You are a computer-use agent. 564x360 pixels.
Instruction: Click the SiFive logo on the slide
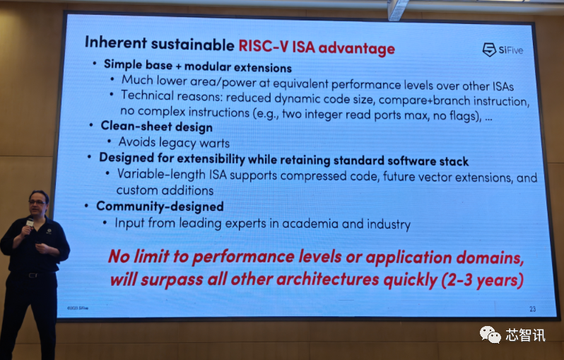pos(503,50)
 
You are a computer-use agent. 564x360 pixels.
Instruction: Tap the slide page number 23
pos(532,309)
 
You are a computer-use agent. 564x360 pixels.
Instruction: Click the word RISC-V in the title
pos(264,46)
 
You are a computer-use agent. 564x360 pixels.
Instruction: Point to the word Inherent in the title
pos(116,42)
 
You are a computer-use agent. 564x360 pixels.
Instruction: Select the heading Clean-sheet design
pos(156,127)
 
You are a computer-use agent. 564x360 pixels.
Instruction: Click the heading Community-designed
pos(160,207)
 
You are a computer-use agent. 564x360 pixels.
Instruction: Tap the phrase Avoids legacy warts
pos(174,143)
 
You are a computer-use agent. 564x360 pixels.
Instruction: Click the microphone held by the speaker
pos(29,223)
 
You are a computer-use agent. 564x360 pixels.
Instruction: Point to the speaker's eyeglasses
pos(37,202)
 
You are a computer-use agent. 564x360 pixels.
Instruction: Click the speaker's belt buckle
pos(33,275)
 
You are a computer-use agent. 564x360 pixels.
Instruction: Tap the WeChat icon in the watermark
pos(490,335)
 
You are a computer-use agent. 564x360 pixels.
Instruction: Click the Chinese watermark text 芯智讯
pos(526,335)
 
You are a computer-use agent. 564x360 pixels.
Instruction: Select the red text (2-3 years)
pos(483,280)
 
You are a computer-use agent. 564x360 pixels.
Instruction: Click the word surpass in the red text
pos(172,279)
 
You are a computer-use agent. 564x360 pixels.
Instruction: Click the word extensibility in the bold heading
pos(211,158)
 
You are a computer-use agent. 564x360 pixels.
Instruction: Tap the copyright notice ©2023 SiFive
pos(78,308)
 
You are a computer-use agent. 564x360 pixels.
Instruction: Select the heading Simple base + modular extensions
pos(198,66)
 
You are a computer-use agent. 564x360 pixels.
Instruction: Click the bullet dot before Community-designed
pos(86,206)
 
